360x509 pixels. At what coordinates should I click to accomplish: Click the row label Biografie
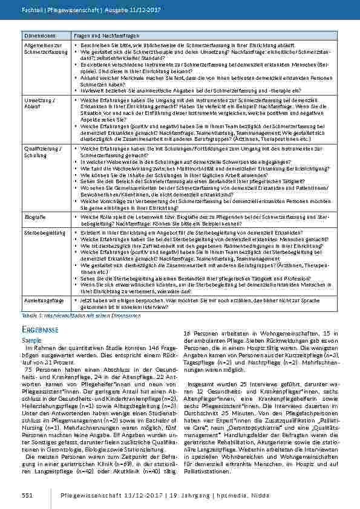34,215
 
